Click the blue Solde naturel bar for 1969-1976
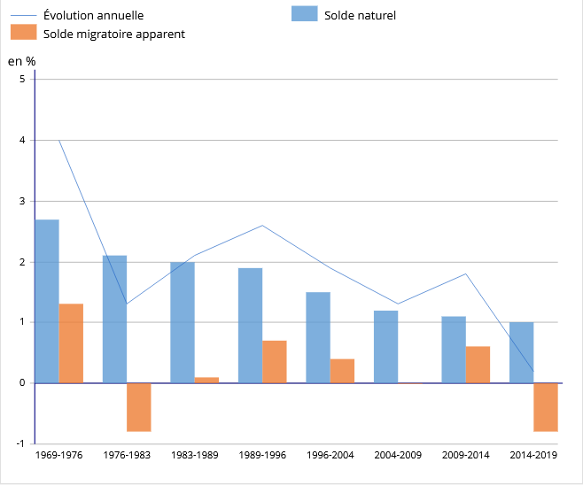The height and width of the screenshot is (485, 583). click(x=47, y=301)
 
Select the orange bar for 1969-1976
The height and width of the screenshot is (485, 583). click(x=71, y=343)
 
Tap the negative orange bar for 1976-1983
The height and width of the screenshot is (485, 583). click(x=139, y=407)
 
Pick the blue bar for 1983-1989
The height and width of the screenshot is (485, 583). click(x=183, y=322)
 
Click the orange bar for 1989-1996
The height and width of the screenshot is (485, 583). click(x=275, y=361)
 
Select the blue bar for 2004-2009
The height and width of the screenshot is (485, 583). click(x=386, y=347)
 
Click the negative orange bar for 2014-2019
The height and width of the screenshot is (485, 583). click(x=546, y=407)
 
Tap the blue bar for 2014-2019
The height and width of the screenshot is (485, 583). click(x=522, y=352)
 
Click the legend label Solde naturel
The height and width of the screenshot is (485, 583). click(x=360, y=15)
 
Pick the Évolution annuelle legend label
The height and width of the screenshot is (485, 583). click(x=93, y=15)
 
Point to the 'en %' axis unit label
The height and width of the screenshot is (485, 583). click(x=21, y=61)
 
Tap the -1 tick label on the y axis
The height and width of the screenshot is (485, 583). click(x=19, y=443)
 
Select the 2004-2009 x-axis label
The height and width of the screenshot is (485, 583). click(x=397, y=455)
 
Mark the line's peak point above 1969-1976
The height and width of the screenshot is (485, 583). click(x=59, y=140)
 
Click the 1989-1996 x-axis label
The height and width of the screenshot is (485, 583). click(x=261, y=455)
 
